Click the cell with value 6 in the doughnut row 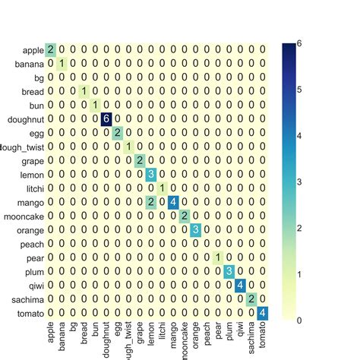(x=106, y=118)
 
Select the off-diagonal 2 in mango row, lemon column (x=150, y=201)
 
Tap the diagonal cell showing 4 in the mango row (x=172, y=201)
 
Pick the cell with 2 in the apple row (x=51, y=49)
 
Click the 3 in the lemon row (x=150, y=173)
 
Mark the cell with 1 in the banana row (x=62, y=63)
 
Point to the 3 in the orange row (x=195, y=229)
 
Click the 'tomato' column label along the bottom (x=262, y=334)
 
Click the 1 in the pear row (x=217, y=257)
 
